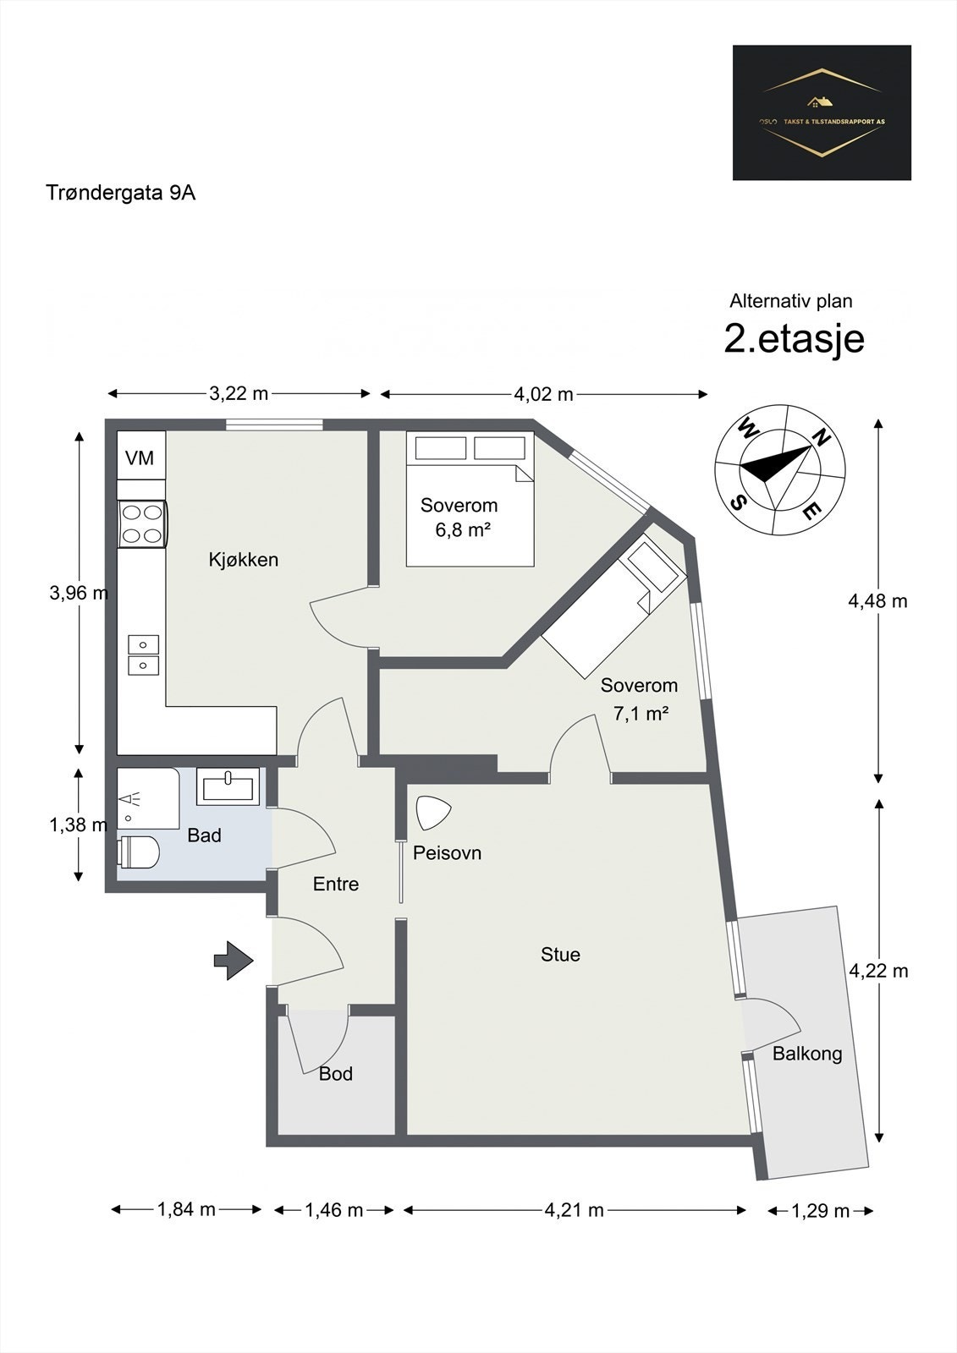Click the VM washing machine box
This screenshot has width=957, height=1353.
pos(140,457)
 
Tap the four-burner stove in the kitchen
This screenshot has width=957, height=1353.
pos(142,523)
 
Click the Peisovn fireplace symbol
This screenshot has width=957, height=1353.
pos(434,813)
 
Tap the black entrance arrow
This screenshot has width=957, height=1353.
pos(234,961)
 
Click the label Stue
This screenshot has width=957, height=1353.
pos(560,955)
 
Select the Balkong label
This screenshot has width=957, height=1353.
pos(807,1054)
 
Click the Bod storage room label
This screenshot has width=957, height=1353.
pos(335,1074)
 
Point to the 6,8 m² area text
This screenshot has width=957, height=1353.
pos(464,530)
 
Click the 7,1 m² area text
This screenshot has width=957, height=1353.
pos(641,713)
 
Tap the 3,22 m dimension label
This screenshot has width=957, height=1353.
pos(239,393)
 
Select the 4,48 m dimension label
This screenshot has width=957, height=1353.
pos(877,601)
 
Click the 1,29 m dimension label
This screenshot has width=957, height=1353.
pos(820,1211)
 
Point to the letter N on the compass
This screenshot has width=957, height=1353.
pos(819,437)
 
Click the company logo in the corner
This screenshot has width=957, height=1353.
pos(822,112)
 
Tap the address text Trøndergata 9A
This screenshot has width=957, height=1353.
pos(121,193)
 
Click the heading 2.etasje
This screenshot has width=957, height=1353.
pos(794,339)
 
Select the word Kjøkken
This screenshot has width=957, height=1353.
pos(244,560)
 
